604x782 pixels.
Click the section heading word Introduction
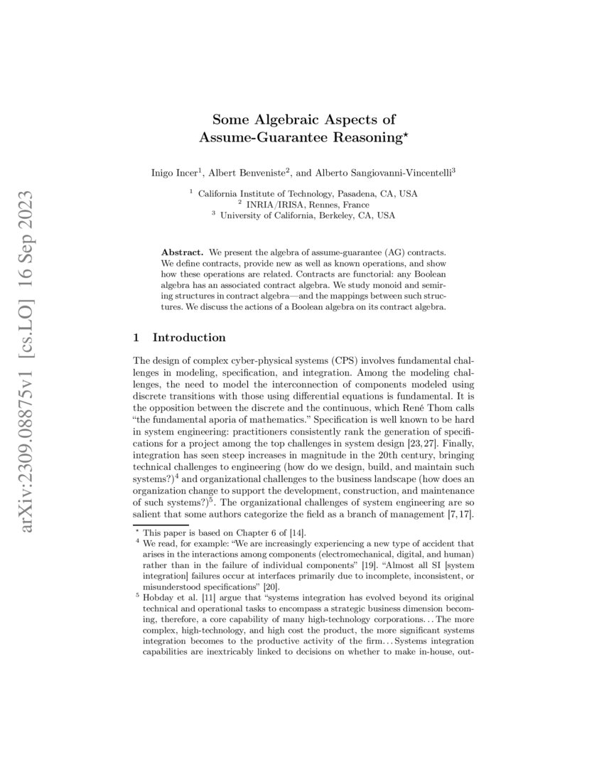[x=189, y=337]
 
